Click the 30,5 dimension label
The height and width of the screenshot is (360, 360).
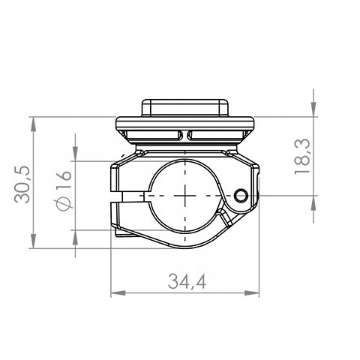(x=22, y=184)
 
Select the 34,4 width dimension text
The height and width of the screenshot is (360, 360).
(x=187, y=281)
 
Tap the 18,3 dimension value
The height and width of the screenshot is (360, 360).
(x=302, y=157)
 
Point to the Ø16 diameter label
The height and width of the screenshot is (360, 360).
(x=64, y=190)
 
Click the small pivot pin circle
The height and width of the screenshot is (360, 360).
(x=241, y=196)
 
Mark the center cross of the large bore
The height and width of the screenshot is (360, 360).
(x=185, y=196)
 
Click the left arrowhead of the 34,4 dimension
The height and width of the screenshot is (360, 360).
(x=118, y=293)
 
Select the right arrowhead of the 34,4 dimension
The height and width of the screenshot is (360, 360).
(x=252, y=293)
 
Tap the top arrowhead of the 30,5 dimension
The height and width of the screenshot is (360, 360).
(x=33, y=124)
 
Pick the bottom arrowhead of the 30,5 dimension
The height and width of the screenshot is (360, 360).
(x=33, y=241)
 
